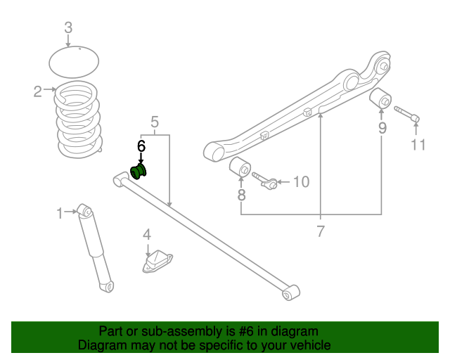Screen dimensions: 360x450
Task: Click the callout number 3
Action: [x=68, y=28]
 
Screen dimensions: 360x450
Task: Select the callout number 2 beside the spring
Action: [x=38, y=90]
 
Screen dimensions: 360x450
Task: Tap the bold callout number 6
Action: [x=141, y=146]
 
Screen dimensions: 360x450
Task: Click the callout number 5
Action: [x=155, y=122]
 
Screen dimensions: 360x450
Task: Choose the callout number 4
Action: [x=147, y=234]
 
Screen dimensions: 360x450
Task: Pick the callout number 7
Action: [x=321, y=231]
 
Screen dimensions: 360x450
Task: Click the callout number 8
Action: [x=241, y=196]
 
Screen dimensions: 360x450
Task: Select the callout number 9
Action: [x=382, y=128]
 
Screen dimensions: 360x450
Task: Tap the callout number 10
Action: [x=300, y=183]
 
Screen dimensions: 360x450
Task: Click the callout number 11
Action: [x=418, y=146]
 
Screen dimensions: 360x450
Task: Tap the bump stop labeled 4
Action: [x=157, y=262]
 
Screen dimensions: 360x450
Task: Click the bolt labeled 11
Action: [x=407, y=114]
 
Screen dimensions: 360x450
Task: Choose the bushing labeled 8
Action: [x=240, y=168]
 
